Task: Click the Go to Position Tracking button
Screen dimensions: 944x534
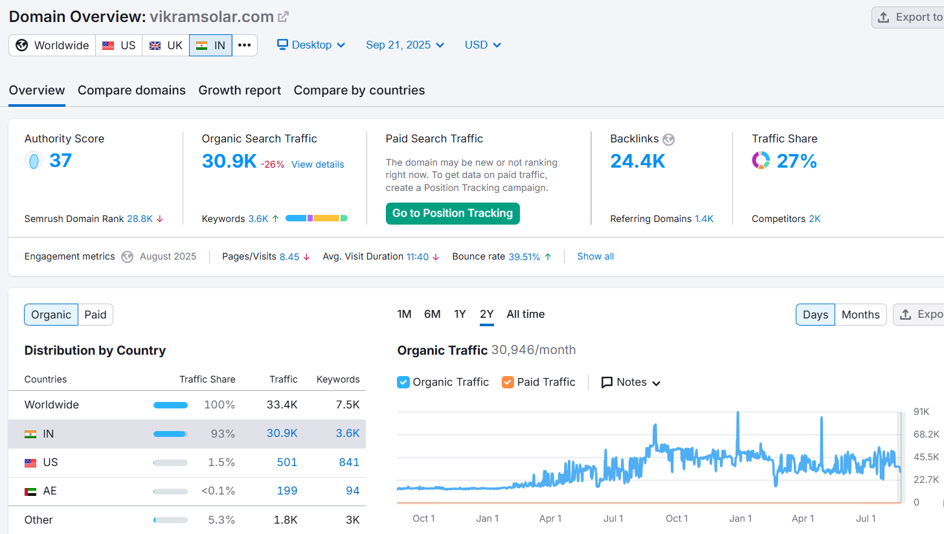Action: [453, 213]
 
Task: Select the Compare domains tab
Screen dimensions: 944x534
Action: [131, 90]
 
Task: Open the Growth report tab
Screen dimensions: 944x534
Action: [240, 90]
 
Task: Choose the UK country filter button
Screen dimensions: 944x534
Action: [166, 45]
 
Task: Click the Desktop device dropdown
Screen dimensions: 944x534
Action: [311, 45]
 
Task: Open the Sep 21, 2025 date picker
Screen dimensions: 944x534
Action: [405, 45]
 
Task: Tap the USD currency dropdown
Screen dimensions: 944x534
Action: [482, 45]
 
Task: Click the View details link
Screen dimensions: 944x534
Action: [318, 164]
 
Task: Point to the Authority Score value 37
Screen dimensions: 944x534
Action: [61, 161]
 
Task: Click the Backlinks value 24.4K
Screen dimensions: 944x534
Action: [638, 161]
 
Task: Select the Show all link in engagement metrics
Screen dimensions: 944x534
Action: [595, 256]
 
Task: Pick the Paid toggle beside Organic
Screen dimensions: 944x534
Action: [95, 315]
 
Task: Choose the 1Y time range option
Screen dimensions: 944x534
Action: [460, 314]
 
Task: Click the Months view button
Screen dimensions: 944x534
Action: [860, 315]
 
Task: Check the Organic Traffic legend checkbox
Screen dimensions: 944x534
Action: [403, 383]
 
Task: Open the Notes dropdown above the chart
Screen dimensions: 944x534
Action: [631, 383]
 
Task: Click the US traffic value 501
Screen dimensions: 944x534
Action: [287, 462]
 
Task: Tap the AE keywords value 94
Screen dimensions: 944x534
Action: [353, 491]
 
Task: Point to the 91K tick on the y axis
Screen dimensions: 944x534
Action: [921, 412]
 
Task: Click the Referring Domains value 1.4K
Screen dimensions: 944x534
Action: [704, 219]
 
